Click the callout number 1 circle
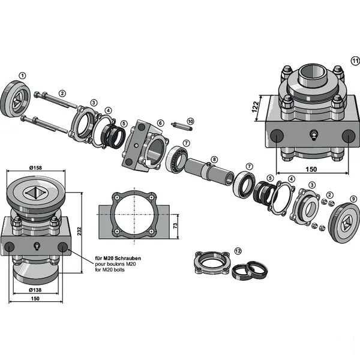coord(23,76)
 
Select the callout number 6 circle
coord(160,123)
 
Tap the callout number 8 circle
coord(214,160)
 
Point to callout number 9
coord(353,199)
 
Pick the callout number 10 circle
coord(190,121)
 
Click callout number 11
coord(355,61)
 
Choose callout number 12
coord(238,250)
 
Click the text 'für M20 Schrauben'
coord(118,259)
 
